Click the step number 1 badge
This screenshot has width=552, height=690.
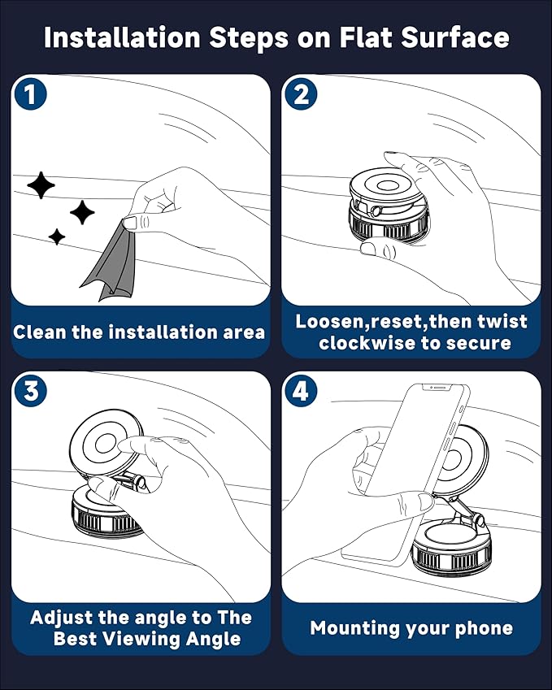click(30, 93)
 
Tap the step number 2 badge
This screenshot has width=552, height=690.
click(301, 93)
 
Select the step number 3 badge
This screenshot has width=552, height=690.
click(30, 390)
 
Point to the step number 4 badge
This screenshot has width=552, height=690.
click(301, 390)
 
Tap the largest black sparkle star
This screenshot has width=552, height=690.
click(41, 184)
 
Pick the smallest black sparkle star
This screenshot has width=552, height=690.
click(57, 237)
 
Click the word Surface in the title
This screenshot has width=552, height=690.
click(455, 38)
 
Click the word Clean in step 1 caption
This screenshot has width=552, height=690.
click(40, 332)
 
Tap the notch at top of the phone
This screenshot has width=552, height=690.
click(437, 388)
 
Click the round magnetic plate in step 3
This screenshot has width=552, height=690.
click(106, 442)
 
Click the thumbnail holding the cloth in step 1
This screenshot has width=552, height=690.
click(131, 222)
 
